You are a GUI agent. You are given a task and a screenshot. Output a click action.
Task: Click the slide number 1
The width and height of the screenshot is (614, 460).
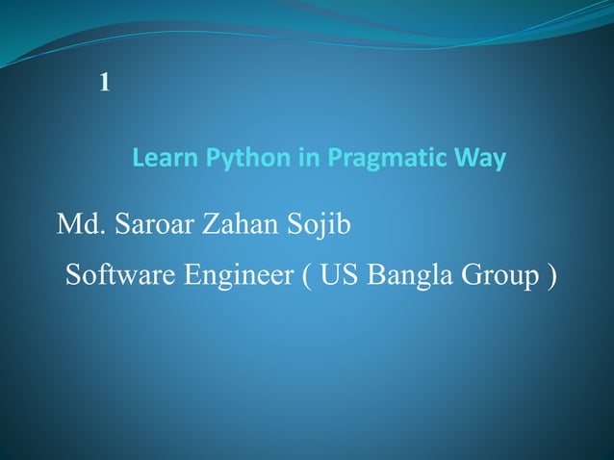(105, 84)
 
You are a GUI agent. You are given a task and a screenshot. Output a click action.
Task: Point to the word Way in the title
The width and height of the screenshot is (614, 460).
(483, 158)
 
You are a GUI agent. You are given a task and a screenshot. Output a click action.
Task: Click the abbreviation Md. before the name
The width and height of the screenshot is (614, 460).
(81, 226)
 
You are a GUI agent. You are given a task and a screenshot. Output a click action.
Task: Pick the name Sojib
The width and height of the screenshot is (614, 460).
(320, 227)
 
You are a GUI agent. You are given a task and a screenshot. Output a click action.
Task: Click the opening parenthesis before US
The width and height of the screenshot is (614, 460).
(306, 277)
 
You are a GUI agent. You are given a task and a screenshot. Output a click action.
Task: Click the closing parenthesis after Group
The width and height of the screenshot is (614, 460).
(551, 277)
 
